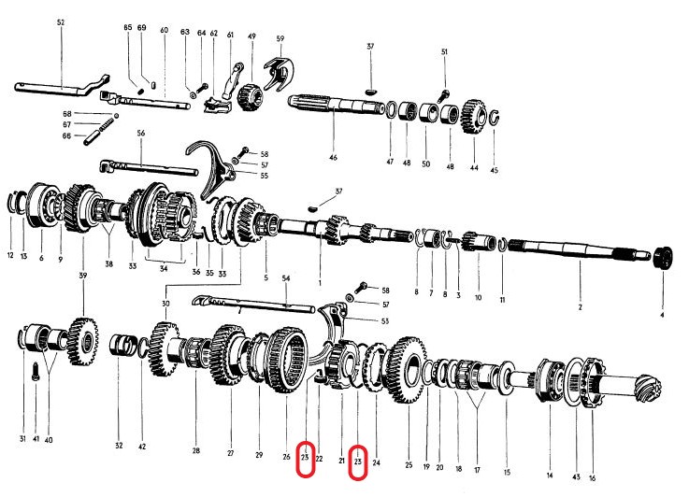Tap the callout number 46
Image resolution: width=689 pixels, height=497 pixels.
tap(332, 159)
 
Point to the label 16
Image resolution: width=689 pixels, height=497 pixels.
tap(591, 478)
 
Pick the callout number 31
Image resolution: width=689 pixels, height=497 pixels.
tap(22, 439)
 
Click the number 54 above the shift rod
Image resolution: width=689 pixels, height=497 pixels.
tap(286, 279)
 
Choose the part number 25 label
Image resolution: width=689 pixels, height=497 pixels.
tap(409, 464)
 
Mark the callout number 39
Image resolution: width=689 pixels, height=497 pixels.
tap(83, 276)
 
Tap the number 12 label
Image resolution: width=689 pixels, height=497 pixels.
tap(11, 256)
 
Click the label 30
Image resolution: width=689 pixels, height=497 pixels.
tap(165, 304)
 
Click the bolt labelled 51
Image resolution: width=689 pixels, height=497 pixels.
tap(443, 93)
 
